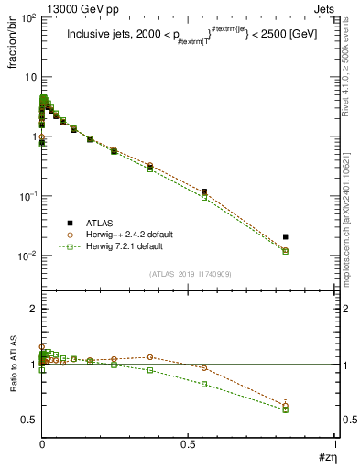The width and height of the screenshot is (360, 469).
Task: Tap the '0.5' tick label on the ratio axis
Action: pyautogui.click(x=27, y=420)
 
